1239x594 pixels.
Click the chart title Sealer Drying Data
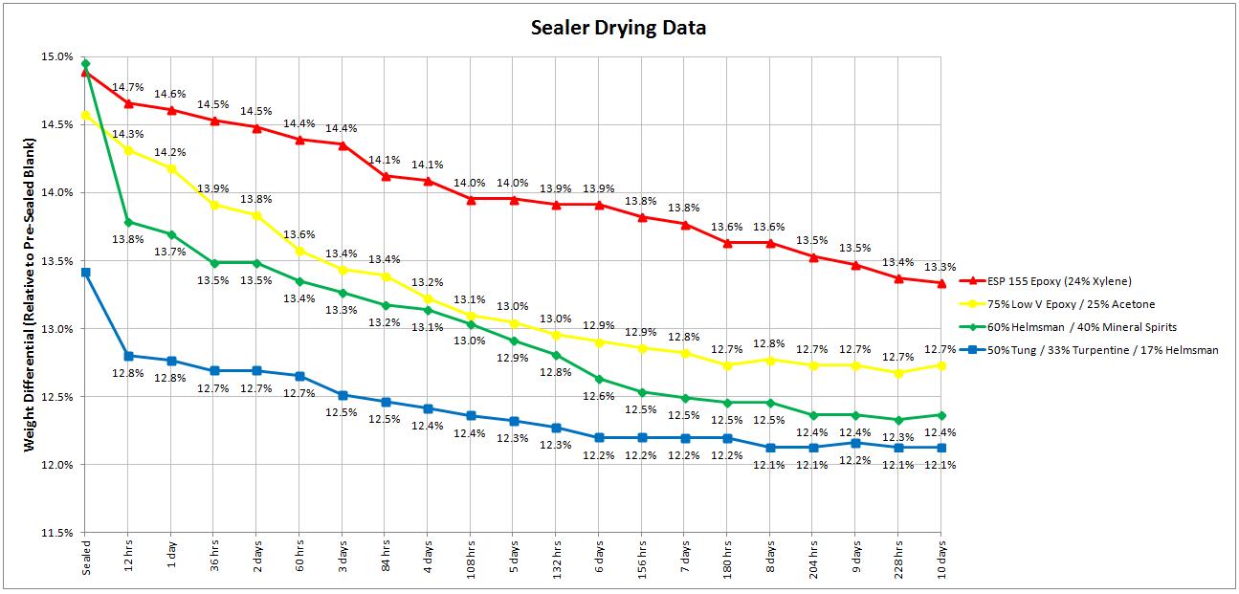tap(619, 28)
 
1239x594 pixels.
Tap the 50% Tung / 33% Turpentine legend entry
tap(1102, 350)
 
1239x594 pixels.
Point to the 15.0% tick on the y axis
tap(57, 56)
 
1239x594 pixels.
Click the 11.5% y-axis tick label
tap(57, 533)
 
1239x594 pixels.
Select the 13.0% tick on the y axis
tap(57, 329)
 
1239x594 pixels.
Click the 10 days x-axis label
tap(941, 559)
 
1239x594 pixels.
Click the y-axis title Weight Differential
tap(29, 294)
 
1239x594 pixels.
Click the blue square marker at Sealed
tap(86, 273)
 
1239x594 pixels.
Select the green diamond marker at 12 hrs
tap(128, 222)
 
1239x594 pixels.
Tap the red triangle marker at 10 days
tap(941, 283)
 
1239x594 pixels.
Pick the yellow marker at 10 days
tap(941, 365)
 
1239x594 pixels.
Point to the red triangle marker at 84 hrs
tap(385, 176)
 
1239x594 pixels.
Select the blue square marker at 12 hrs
tap(128, 356)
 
